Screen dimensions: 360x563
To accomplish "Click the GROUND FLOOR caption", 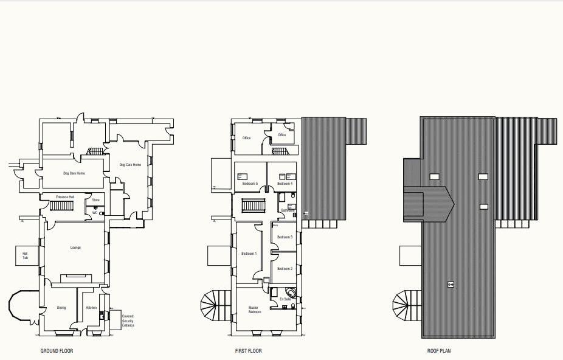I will point(57,351).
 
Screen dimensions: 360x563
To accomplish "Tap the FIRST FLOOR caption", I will point(249,351).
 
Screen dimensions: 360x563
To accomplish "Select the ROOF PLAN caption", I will point(440,351).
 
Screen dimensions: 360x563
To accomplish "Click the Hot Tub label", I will point(25,255).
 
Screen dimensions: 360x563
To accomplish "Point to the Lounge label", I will point(75,247).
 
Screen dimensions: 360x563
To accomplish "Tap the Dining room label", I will point(61,308).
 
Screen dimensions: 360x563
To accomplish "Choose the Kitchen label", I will point(91,308).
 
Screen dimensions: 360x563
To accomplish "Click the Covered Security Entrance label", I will point(128,320).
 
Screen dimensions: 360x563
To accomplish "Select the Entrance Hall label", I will point(65,197).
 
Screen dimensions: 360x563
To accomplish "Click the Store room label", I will point(95,199).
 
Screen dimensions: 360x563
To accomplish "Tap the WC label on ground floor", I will point(95,213).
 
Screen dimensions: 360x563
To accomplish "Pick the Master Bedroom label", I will point(255,310).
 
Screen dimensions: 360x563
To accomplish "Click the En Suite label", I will point(286,299).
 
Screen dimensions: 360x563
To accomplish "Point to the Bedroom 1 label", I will point(249,254).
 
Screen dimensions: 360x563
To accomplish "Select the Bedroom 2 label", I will point(285,268).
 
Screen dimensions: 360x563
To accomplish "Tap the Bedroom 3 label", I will point(285,237).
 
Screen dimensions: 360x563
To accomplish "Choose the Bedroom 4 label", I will point(285,183).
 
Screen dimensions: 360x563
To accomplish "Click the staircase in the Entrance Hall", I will point(61,207).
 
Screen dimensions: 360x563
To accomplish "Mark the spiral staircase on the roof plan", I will point(406,303).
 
